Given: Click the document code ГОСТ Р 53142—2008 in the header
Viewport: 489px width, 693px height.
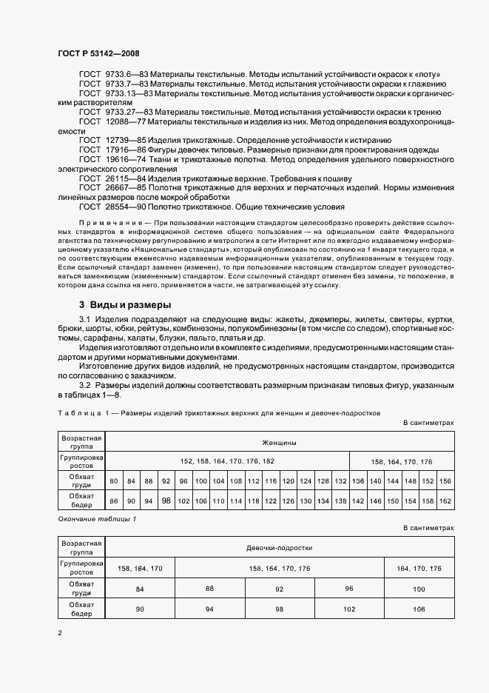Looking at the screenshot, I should [98, 53].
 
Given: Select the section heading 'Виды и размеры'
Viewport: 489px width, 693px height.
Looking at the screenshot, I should [130, 305].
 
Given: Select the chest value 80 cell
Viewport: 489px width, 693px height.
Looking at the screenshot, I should [114, 481].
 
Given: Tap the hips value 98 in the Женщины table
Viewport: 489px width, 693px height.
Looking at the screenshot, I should [166, 501].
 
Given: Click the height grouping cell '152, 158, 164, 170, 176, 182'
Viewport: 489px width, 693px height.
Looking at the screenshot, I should [227, 461].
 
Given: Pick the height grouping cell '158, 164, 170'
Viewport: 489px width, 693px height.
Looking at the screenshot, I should [141, 568].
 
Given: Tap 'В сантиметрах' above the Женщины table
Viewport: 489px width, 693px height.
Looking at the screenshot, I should [428, 422].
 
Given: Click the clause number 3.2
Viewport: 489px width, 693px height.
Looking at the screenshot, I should [86, 385].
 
